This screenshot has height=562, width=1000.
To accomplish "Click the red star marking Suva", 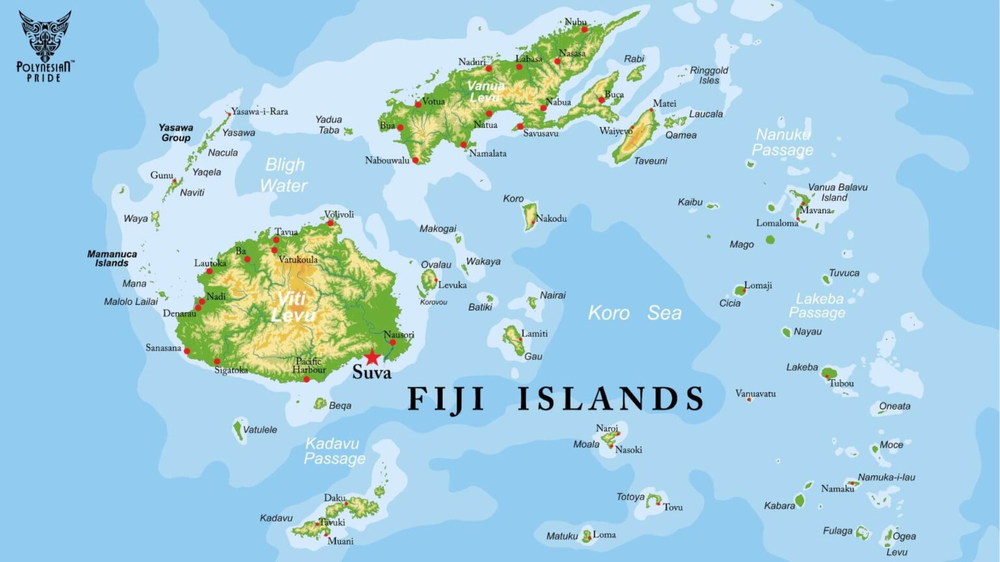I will point(372,357).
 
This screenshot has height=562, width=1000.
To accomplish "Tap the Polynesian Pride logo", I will point(45,46).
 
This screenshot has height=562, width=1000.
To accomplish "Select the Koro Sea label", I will point(635,313).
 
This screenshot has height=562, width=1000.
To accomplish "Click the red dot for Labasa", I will point(520,66).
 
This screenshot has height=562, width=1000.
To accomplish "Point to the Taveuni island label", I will point(650,161).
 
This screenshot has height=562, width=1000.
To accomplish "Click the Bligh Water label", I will point(284,175).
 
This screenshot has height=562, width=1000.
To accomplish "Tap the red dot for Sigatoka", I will point(217,362).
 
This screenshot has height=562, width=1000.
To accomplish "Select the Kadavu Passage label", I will point(334,451).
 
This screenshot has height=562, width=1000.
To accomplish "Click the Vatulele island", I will point(238,429).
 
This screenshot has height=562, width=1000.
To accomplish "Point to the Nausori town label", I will point(398,334).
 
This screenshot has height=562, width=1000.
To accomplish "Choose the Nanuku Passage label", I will point(783,142).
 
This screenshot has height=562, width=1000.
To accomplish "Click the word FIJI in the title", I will point(446,399).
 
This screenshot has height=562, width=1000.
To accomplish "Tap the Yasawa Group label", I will point(176,133).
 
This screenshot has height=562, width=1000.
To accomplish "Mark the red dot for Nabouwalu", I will point(415,160).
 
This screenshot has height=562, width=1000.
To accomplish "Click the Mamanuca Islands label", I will point(112,258).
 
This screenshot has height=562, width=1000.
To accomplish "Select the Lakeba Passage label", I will point(818,306).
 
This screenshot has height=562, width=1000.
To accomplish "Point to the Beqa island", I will point(320,404).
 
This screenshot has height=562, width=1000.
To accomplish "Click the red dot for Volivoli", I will point(330,223).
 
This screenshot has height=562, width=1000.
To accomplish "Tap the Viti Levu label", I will point(292,306).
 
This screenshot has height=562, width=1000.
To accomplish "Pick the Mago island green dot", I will point(770,240).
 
